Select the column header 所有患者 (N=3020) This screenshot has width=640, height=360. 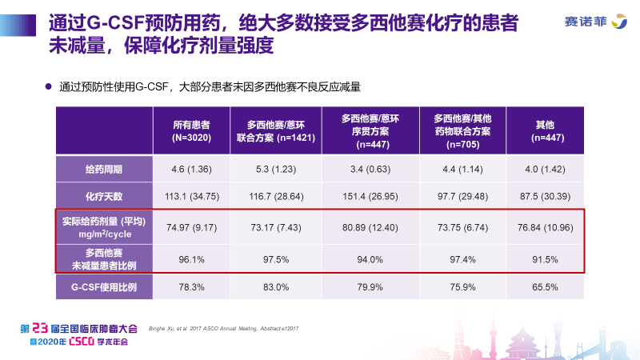pyautogui.click(x=191, y=130)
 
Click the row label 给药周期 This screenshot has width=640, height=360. pyautogui.click(x=103, y=170)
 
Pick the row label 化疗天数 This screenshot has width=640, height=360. pyautogui.click(x=103, y=195)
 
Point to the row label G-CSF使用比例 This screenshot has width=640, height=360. pyautogui.click(x=103, y=286)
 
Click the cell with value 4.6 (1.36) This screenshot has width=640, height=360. pyautogui.click(x=191, y=170)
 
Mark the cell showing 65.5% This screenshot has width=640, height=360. pyautogui.click(x=545, y=286)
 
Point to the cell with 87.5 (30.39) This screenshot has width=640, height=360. pyautogui.click(x=545, y=195)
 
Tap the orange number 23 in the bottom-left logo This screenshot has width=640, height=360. pyautogui.click(x=43, y=328)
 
